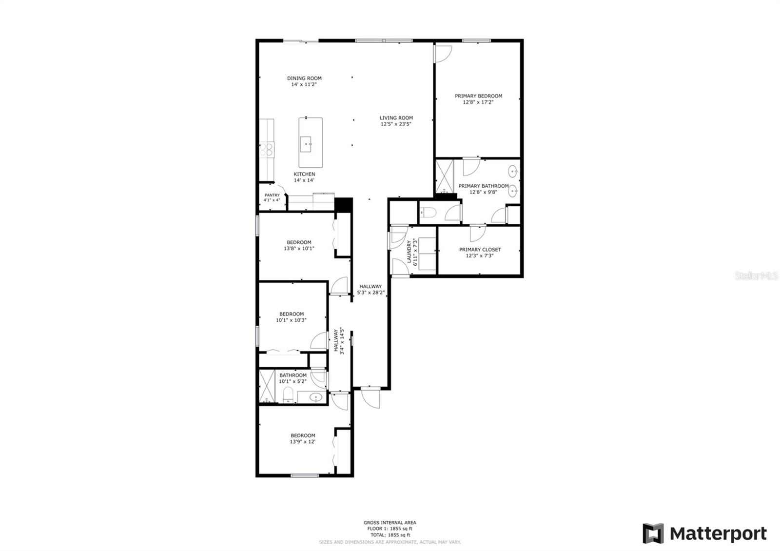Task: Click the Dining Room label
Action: (304, 78)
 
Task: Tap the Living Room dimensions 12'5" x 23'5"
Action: (396, 124)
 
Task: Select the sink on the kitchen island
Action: (306, 142)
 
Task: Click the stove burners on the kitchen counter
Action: (267, 149)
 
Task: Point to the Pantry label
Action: (272, 195)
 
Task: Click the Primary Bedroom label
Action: (478, 96)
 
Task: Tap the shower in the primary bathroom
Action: (444, 177)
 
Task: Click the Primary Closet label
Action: (480, 250)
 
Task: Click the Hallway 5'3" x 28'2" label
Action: (370, 287)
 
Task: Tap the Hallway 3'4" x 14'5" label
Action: (336, 341)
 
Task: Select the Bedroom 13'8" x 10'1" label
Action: (299, 242)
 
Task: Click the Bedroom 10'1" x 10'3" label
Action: (291, 314)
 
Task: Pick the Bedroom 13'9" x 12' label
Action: (303, 435)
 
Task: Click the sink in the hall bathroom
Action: (316, 398)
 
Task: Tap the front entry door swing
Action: (370, 398)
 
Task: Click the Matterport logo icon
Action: (653, 533)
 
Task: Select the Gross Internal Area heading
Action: (390, 523)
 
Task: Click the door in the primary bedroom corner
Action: (443, 54)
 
